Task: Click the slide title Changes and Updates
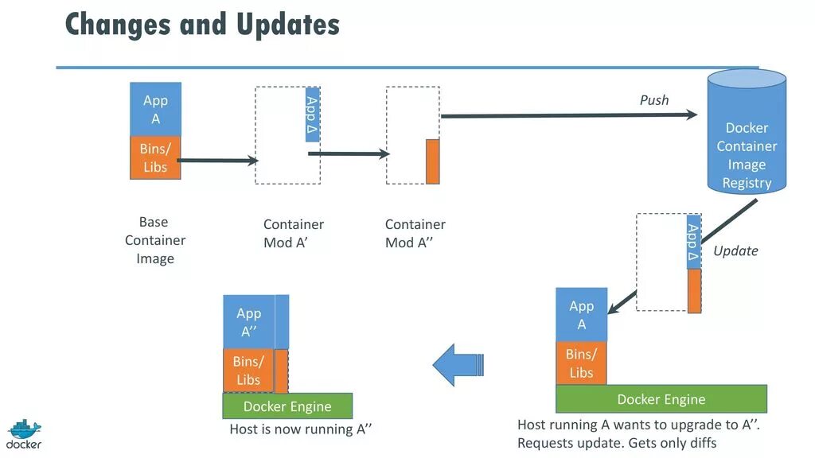coord(202,25)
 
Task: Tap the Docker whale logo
coord(24,433)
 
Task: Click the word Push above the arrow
coord(654,100)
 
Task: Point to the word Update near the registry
coord(735,250)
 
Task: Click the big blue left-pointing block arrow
coord(458,365)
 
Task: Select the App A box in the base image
coord(155,109)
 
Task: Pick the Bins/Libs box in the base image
coord(155,157)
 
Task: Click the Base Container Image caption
coord(155,240)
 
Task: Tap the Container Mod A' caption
coord(294,234)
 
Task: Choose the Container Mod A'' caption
coord(415,234)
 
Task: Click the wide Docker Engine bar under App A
coord(661,399)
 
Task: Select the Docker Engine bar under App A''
coord(287,406)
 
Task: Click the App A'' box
coord(248,322)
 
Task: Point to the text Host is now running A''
coord(301,429)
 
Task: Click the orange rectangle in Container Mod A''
coord(432,161)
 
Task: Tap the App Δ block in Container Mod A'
coord(312,114)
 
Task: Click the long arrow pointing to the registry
coord(568,116)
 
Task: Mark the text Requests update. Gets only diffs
coord(617,443)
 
